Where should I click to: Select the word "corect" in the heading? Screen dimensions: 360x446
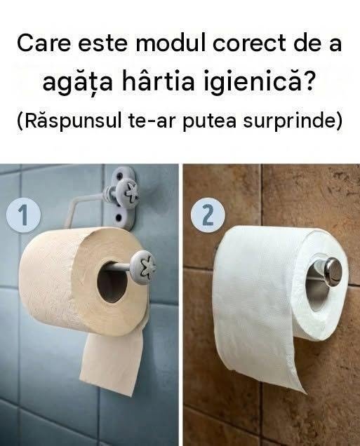[249, 43]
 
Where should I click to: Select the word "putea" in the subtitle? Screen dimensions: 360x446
[209, 121]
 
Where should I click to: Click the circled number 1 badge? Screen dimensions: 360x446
[24, 215]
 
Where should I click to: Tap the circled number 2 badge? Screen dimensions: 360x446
[208, 215]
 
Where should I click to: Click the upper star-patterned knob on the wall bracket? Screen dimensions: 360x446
[128, 194]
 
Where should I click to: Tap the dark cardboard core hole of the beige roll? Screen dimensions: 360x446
[112, 282]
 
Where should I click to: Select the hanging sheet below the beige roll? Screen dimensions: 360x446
[112, 362]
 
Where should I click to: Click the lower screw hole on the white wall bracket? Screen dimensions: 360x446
[119, 219]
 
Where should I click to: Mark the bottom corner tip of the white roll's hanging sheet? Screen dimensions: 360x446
[305, 393]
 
